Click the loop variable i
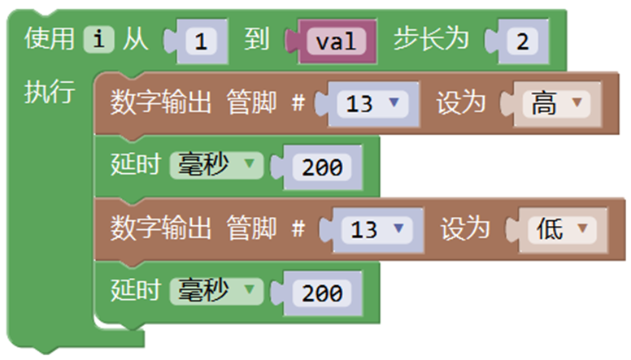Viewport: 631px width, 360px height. pos(99,40)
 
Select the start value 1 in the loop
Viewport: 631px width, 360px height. pos(201,41)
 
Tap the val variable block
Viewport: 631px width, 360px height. pos(337,41)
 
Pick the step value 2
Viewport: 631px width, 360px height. pos(522,41)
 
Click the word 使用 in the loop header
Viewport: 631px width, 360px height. pos(49,39)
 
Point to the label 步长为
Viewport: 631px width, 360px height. pos(431,39)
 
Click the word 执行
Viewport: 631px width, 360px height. pos(49,92)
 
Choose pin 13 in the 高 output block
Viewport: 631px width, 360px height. pos(372,104)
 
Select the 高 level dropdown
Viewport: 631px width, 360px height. pos(556,104)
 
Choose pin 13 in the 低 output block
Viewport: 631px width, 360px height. pos(377,230)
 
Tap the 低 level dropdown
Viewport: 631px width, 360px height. pos(562,230)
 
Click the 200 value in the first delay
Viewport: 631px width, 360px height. pos(322,167)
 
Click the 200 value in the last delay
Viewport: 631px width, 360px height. pos(322,293)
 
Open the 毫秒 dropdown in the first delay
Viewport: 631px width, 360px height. pos(216,165)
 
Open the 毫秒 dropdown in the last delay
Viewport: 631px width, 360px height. pos(216,291)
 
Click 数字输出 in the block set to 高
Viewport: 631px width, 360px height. pos(160,102)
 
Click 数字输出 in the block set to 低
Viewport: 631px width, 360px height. pos(160,228)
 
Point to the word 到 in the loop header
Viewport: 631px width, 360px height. pos(257,39)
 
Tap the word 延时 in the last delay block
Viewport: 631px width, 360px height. pos(136,290)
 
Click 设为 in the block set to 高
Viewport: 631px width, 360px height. pos(461,102)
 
